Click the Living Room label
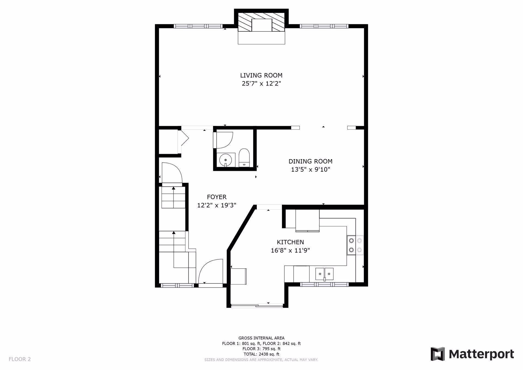pyautogui.click(x=261, y=75)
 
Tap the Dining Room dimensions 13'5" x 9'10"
pyautogui.click(x=311, y=169)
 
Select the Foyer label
pyautogui.click(x=217, y=197)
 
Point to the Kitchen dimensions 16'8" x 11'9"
pyautogui.click(x=290, y=250)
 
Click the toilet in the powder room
pyautogui.click(x=244, y=157)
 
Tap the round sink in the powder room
pyautogui.click(x=226, y=160)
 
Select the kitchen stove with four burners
pyautogui.click(x=355, y=245)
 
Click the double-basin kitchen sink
pyautogui.click(x=324, y=274)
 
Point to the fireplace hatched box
pyautogui.click(x=261, y=22)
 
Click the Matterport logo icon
pyautogui.click(x=437, y=354)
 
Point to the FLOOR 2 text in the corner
pyautogui.click(x=20, y=359)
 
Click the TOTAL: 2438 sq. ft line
pyautogui.click(x=261, y=354)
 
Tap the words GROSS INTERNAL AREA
pyautogui.click(x=261, y=338)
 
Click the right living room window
pyautogui.click(x=324, y=26)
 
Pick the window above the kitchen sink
pyautogui.click(x=324, y=284)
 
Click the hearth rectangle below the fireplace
pyautogui.click(x=261, y=38)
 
